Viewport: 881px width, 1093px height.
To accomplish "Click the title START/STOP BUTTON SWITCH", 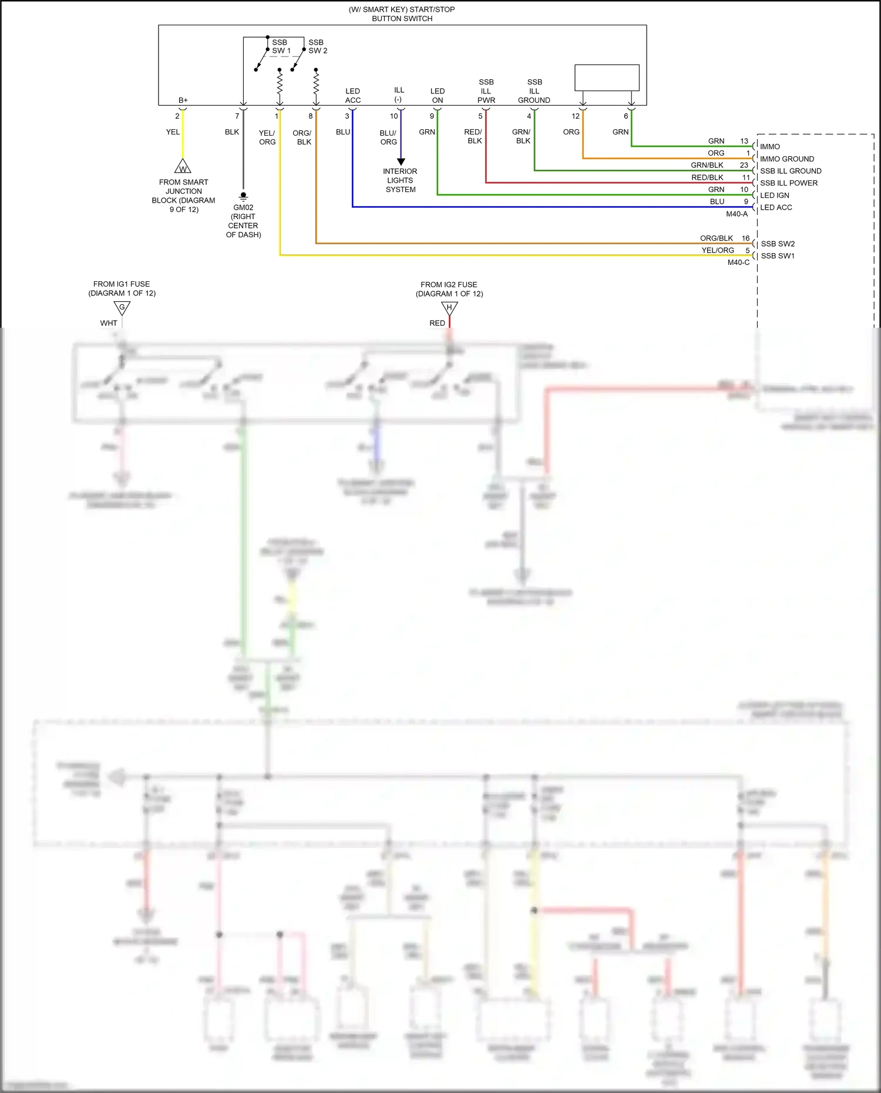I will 402,14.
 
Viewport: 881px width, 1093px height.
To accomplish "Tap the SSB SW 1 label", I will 280,46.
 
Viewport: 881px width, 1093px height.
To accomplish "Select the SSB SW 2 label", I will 317,46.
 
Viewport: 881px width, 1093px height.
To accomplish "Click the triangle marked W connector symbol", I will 183,167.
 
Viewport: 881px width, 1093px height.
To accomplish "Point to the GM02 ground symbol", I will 243,197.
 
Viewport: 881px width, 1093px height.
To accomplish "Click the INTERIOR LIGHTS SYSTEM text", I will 400,180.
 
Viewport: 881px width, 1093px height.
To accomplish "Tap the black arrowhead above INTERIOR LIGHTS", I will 401,162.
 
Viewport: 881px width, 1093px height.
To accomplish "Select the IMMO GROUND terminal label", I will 786,159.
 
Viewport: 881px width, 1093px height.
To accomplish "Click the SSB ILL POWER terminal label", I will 788,183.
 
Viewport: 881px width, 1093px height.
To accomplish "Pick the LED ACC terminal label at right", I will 775,207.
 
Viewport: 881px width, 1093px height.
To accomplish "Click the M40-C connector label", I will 738,263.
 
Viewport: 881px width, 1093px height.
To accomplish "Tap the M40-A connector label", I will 737,214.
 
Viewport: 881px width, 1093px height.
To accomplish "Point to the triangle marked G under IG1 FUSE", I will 122,308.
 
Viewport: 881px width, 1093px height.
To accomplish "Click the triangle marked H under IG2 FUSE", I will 449,308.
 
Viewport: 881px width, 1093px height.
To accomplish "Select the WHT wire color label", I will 109,323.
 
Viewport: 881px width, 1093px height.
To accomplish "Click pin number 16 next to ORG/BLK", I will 745,238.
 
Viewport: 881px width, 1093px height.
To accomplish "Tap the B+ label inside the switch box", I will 183,100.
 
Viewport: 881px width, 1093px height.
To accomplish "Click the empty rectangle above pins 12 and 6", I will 607,78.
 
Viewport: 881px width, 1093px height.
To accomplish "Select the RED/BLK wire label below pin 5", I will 473,136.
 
